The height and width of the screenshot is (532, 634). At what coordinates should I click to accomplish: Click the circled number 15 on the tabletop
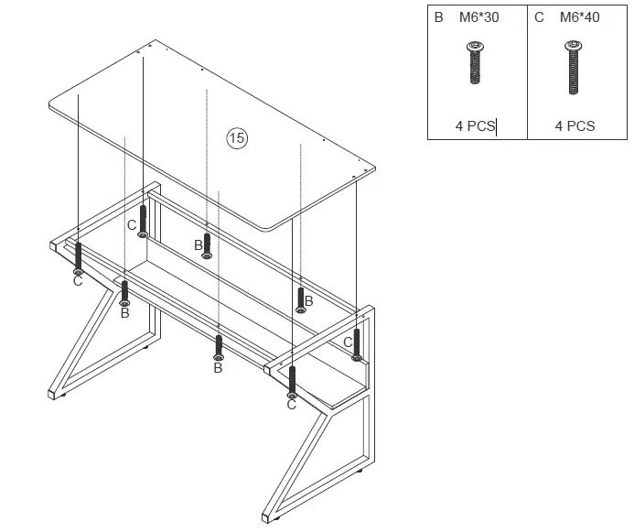coord(237,138)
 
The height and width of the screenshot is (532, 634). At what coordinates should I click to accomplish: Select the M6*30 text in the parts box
coord(478,17)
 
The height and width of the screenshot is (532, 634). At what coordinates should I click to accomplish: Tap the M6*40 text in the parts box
coord(579,17)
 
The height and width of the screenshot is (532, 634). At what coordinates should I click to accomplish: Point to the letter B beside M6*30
coord(439,17)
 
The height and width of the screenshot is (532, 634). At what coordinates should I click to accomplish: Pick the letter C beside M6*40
coord(540,17)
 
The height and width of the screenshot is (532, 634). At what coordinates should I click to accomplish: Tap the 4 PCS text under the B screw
coord(475,126)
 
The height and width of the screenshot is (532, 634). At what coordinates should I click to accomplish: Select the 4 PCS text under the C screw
coord(575,126)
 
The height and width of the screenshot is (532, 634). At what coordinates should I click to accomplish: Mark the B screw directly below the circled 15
coord(208,245)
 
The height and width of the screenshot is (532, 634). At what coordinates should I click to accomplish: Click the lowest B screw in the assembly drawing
coord(218,347)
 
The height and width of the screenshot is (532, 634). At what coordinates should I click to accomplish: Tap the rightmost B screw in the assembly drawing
coord(300,299)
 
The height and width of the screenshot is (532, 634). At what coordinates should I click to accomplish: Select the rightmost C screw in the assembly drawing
coord(357,343)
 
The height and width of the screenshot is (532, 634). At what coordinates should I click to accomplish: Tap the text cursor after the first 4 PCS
coord(496,126)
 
